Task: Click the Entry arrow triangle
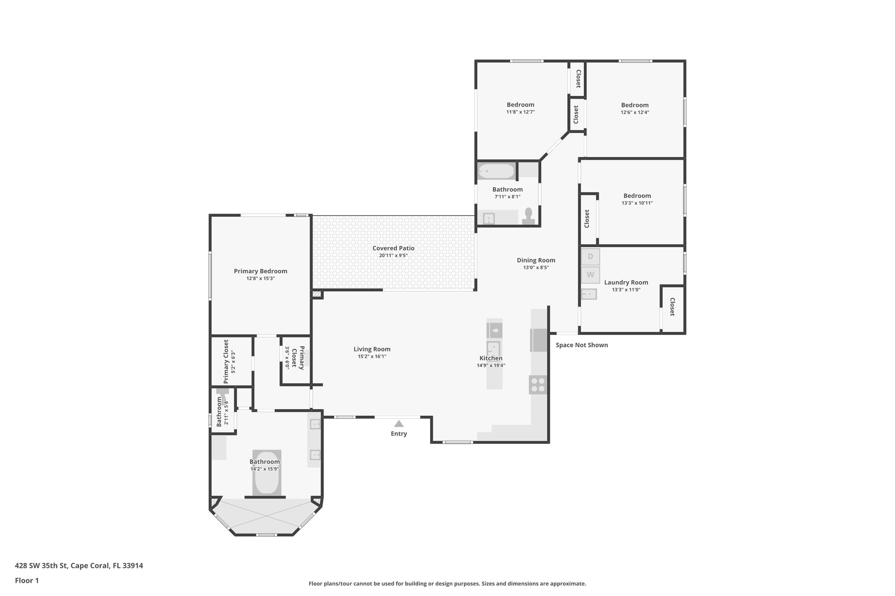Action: [399, 424]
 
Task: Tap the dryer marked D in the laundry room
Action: [590, 257]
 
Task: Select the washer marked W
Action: [590, 275]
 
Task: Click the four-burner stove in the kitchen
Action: [538, 385]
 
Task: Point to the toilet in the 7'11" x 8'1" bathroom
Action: [528, 216]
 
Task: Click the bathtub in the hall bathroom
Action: [496, 171]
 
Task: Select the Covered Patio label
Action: [393, 248]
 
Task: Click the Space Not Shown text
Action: [582, 345]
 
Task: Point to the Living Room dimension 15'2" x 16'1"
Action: [372, 356]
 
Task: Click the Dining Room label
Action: [536, 260]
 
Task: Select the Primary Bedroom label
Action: [260, 271]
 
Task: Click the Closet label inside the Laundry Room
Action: [672, 307]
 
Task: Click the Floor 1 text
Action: [27, 580]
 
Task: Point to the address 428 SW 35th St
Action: [79, 565]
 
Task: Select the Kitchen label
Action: [491, 358]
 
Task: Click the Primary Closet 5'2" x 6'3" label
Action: [226, 362]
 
